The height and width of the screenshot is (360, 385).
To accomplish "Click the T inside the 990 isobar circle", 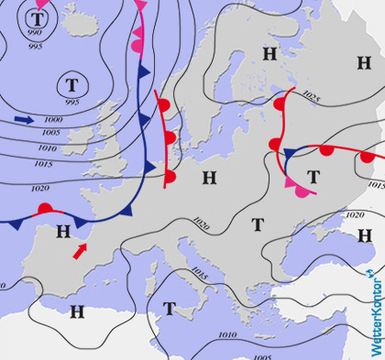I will (37, 17).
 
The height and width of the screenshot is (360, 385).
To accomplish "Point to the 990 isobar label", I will (35, 33).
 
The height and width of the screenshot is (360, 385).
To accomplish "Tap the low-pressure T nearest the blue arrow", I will (71, 85).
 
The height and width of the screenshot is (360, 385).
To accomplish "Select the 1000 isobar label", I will (53, 120).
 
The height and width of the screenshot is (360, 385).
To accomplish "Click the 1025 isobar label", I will (311, 96).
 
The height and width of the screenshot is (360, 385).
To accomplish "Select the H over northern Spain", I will (62, 231).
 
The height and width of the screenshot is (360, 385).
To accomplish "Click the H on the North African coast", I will (77, 312).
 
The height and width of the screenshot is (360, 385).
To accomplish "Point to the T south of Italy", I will (169, 308).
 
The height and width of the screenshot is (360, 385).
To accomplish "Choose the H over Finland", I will (269, 54).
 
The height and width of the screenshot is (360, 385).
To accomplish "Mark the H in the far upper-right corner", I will (364, 61).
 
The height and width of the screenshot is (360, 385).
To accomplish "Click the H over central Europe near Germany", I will (209, 177).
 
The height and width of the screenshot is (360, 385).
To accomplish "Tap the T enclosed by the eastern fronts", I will (313, 176).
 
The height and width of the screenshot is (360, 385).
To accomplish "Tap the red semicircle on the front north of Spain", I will (44, 209).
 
